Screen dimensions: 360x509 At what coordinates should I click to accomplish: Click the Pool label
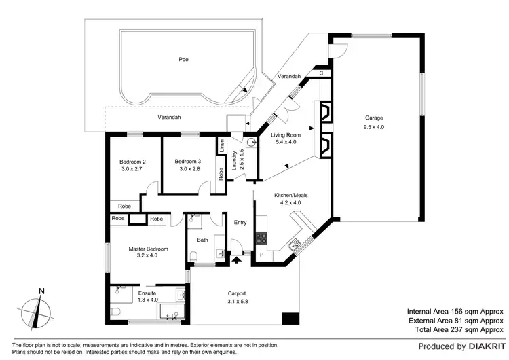(184, 60)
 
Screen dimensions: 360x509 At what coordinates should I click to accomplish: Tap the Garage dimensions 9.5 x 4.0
(373, 127)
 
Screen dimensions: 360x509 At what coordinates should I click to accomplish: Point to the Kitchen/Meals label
(291, 194)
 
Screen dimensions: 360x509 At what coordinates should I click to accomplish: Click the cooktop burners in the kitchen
(261, 239)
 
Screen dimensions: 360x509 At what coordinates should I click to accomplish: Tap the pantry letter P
(261, 255)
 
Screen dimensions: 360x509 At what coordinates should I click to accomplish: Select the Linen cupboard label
(221, 145)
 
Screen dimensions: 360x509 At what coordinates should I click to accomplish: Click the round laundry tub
(251, 143)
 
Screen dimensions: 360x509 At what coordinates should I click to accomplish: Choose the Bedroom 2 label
(133, 161)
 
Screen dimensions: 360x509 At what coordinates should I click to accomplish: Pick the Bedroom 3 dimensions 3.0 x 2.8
(188, 168)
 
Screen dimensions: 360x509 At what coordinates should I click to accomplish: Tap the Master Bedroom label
(148, 249)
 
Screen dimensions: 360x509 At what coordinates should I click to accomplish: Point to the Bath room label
(202, 240)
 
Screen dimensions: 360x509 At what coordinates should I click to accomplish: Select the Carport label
(237, 293)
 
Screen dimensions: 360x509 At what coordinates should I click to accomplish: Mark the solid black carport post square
(290, 317)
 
